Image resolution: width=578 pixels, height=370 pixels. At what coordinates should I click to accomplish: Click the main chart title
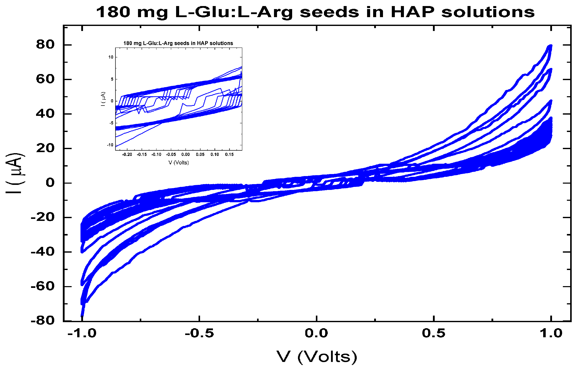315,12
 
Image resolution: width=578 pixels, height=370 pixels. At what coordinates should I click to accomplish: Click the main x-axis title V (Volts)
317,357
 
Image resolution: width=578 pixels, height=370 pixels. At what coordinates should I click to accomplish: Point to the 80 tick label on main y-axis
45,45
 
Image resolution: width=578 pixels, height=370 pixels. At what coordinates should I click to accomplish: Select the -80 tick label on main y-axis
43,321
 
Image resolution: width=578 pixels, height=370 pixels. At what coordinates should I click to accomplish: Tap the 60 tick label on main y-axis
45,79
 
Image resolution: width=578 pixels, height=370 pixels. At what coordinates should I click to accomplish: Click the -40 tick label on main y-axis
43,252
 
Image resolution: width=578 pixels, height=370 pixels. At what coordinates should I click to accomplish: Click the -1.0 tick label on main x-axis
82,333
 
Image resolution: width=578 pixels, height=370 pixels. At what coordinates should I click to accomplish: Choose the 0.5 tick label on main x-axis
433,333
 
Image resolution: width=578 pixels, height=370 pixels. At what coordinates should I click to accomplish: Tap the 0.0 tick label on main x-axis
316,333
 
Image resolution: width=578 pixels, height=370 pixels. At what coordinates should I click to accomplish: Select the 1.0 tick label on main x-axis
551,333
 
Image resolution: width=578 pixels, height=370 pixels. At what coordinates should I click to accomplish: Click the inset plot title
178,43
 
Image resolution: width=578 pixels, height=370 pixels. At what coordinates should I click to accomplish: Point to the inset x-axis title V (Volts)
179,163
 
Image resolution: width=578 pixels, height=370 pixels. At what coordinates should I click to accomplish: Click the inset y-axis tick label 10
111,57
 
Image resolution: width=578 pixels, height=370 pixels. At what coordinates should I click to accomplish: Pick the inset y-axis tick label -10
110,145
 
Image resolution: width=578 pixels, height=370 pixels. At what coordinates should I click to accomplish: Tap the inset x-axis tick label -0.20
127,154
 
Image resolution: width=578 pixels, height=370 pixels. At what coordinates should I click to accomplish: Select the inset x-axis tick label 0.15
229,154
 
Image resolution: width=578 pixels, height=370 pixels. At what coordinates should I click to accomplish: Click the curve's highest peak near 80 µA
550,46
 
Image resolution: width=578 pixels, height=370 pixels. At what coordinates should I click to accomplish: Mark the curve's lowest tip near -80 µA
82,315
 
